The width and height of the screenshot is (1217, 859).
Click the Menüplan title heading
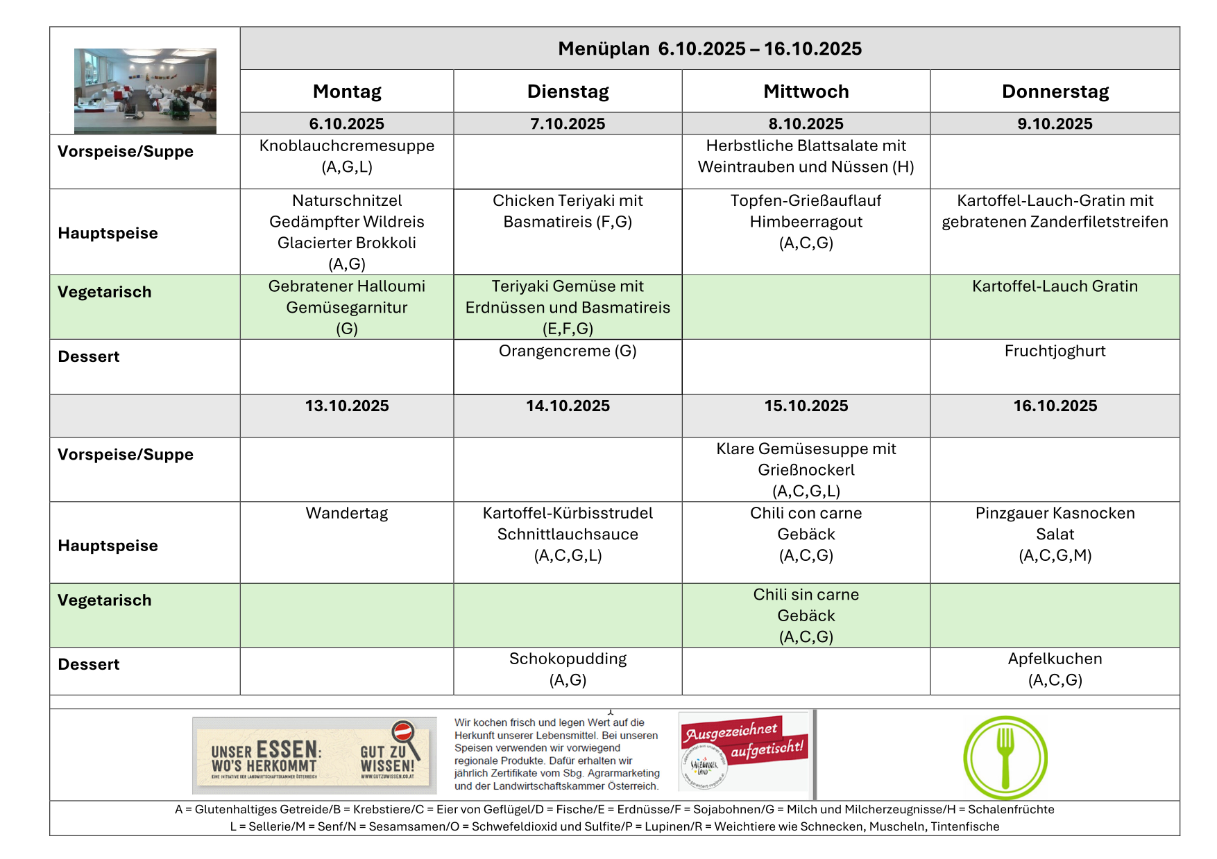pos(709,49)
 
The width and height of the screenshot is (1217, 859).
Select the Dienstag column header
pos(568,92)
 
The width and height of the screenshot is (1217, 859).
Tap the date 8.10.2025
pos(806,123)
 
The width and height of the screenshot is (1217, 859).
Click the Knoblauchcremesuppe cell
pos(347,155)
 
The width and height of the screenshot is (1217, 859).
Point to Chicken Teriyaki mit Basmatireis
pos(568,211)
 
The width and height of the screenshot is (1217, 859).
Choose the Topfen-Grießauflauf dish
pos(806,221)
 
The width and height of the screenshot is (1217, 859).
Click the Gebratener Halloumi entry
pos(347,306)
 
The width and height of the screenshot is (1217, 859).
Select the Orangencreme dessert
pos(568,351)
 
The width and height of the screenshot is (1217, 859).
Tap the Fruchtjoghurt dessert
pos(1055,351)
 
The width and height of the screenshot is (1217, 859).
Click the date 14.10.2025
pos(568,406)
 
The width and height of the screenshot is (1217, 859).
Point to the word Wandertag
pos(347,513)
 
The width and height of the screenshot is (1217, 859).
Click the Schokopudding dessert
pos(568,668)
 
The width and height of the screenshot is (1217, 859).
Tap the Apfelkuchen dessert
pos(1055,668)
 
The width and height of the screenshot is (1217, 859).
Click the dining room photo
pos(145,90)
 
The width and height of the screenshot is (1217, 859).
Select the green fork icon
pos(1005,757)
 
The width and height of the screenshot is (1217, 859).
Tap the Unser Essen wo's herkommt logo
pos(314,755)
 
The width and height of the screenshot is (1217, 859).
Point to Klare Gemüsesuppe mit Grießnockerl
pos(806,469)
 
